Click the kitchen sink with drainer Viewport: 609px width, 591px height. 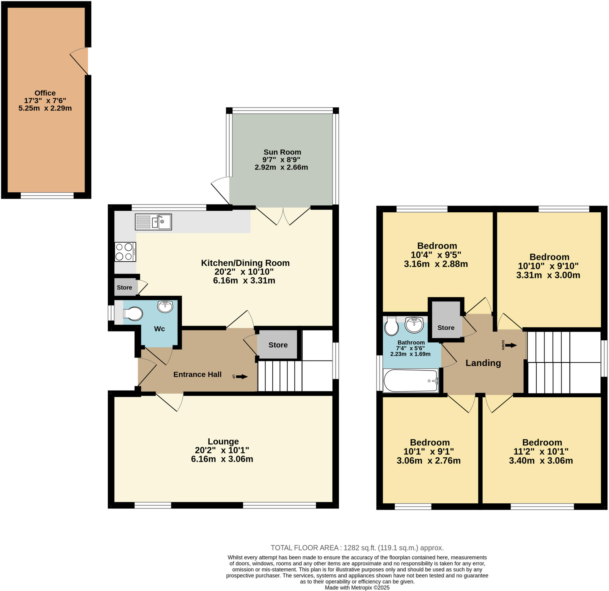[153, 222]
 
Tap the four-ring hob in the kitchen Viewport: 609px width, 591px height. [125, 252]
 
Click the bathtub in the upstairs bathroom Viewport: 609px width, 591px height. [410, 380]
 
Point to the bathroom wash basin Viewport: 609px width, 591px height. [414, 325]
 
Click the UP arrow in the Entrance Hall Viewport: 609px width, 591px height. [241, 377]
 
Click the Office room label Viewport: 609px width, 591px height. [45, 93]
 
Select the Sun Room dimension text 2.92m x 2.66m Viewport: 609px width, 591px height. [281, 167]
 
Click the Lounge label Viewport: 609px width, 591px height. [223, 441]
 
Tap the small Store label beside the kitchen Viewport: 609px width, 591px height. [124, 287]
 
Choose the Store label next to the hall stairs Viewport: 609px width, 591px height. [278, 345]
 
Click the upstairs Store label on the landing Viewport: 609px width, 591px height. [445, 328]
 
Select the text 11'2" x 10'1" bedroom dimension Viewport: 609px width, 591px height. [541, 451]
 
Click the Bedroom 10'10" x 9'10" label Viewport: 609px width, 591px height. [549, 257]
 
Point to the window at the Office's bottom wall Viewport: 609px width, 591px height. [47, 195]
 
